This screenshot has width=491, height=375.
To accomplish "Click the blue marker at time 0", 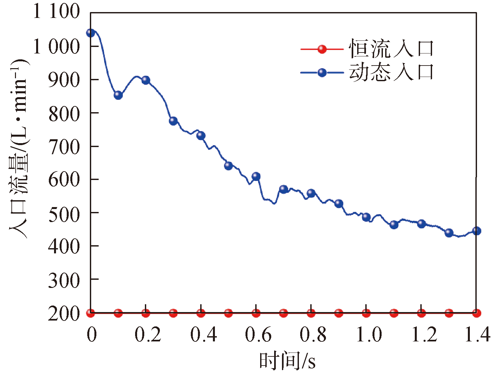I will coord(91,33).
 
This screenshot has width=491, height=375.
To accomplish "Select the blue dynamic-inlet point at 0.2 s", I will coord(146,80).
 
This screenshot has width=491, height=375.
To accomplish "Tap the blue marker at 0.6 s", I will coord(256,176).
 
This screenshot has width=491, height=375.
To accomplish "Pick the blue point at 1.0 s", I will coord(366,217).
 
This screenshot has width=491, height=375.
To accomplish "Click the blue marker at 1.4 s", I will coord(476,231).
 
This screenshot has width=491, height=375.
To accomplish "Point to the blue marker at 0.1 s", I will coord(118,95).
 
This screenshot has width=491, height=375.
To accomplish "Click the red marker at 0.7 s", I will coord(284,313).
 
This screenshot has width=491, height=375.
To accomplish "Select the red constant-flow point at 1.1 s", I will coord(394,313).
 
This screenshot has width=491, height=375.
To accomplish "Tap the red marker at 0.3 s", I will coord(173,313).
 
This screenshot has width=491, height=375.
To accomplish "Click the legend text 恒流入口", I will coord(391,49).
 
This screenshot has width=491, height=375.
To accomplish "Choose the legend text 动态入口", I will coord(391,72).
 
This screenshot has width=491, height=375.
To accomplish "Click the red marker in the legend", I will coord(322,49).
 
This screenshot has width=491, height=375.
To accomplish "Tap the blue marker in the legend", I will coord(322,72).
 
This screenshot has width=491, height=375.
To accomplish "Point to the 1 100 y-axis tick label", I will coord(56,12).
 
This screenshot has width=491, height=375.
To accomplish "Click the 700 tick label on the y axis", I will coord(64,147).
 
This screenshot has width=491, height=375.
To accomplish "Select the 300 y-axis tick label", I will coord(64,280).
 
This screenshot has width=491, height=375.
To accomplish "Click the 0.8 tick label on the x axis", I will coord(313,335).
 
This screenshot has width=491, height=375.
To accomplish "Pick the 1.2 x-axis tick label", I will coord(424,335).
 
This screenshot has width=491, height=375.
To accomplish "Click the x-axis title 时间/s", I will coord(287,361).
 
